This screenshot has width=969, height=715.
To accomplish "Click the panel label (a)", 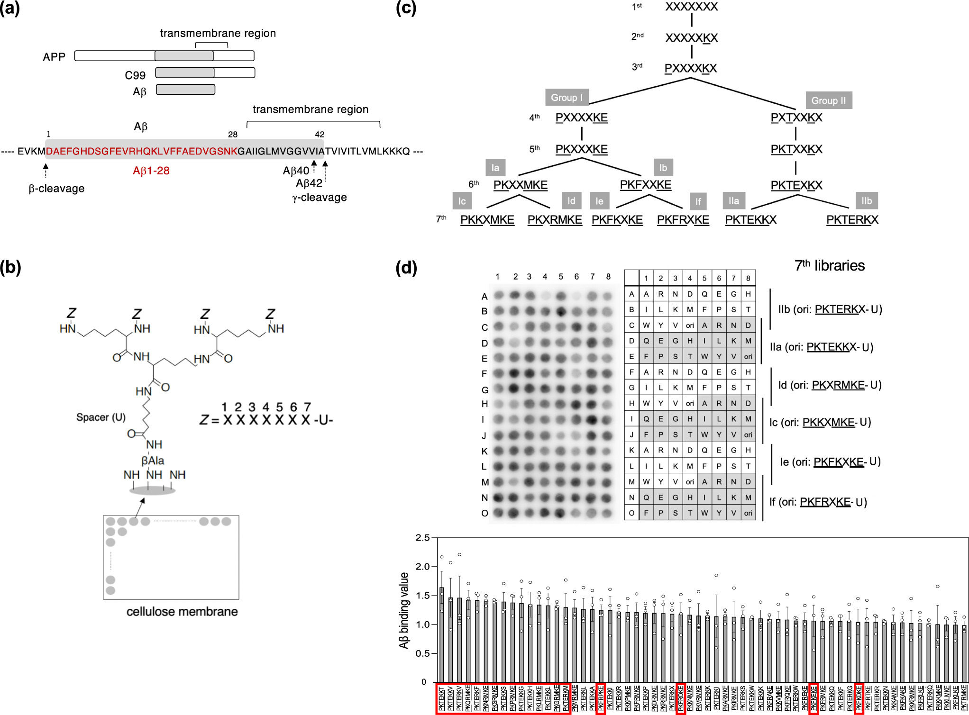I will pyautogui.click(x=10, y=9).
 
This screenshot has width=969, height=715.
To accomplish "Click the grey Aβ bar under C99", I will pyautogui.click(x=185, y=90).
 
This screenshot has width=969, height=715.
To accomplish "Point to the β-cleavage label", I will pyautogui.click(x=56, y=189).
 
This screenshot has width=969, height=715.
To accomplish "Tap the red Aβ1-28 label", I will pyautogui.click(x=151, y=171).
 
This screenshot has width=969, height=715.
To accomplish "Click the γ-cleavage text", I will pyautogui.click(x=320, y=198).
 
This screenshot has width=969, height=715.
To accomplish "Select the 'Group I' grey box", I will pyautogui.click(x=567, y=98).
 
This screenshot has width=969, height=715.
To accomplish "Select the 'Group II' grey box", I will pyautogui.click(x=828, y=100).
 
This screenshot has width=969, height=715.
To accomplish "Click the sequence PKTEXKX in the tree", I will pyautogui.click(x=796, y=185).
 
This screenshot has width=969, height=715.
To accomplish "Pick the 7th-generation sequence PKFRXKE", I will pyautogui.click(x=683, y=220).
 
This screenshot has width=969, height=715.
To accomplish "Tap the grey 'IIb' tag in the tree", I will pyautogui.click(x=867, y=201).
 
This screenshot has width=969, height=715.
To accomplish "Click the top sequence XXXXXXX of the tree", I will pyautogui.click(x=691, y=7).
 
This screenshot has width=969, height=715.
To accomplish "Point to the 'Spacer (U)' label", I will pyautogui.click(x=101, y=417).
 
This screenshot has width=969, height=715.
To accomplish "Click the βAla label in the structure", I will pyautogui.click(x=153, y=460).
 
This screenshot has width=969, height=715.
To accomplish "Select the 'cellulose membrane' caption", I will pyautogui.click(x=182, y=612).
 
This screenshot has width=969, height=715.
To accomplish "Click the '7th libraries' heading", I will pyautogui.click(x=830, y=266).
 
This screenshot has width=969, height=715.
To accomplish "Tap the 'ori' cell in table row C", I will pyautogui.click(x=690, y=326).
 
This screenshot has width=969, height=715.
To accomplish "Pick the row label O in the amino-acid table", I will pyautogui.click(x=631, y=513).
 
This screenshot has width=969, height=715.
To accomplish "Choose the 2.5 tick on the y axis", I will pyautogui.click(x=422, y=538).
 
